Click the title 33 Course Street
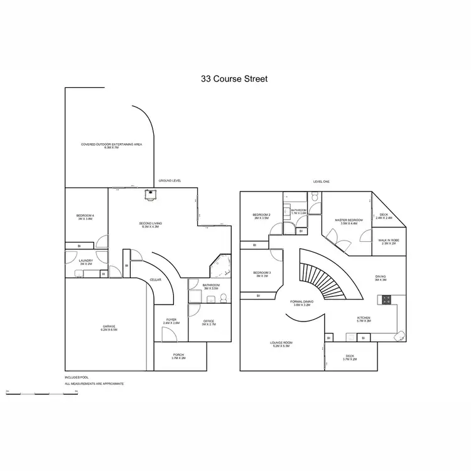[234, 79]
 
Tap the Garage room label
[109, 327]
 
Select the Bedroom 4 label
[85, 217]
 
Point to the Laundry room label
[86, 263]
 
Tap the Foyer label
[171, 321]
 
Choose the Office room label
[209, 323]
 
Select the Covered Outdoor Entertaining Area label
[112, 145]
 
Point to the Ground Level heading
[170, 180]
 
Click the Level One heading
[322, 181]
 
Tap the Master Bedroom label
[349, 221]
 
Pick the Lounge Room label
[282, 344]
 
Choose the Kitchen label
[364, 319]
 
